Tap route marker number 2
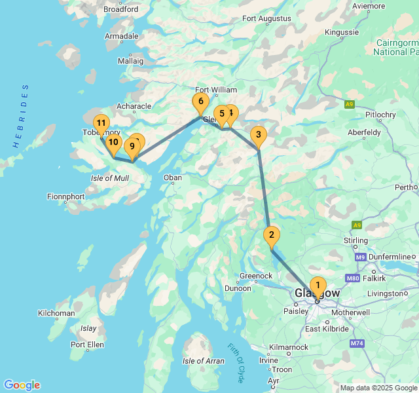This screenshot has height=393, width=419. click(271, 235)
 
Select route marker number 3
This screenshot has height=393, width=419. click(259, 136)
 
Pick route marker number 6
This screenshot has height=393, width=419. click(200, 102)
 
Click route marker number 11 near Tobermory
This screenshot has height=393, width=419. click(101, 123)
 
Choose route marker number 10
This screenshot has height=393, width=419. click(113, 142)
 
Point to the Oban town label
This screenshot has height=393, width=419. click(172, 178)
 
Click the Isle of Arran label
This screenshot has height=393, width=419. click(203, 361)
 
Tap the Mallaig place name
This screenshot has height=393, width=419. click(130, 61)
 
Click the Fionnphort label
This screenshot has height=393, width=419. click(65, 196)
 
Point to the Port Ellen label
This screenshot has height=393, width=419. click(87, 345)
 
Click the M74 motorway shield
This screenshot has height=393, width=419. click(357, 343)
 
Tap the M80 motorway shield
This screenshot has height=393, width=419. click(352, 278)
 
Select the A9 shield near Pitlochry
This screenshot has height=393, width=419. click(350, 104)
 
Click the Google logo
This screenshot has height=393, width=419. click(22, 385)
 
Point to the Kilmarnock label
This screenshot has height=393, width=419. click(288, 347)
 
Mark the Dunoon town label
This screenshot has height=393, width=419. click(238, 288)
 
